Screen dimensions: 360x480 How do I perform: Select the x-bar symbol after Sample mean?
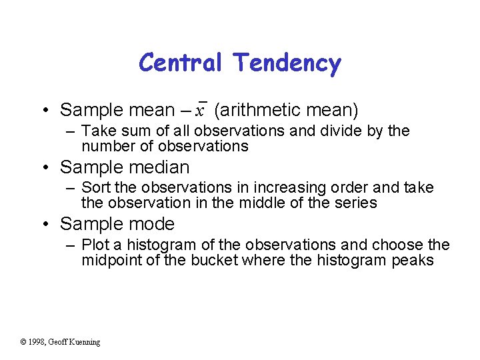[200, 109]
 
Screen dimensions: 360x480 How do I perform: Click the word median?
[160, 167]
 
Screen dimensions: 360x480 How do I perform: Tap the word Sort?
[97, 188]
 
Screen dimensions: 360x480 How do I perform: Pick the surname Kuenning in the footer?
[83, 342]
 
